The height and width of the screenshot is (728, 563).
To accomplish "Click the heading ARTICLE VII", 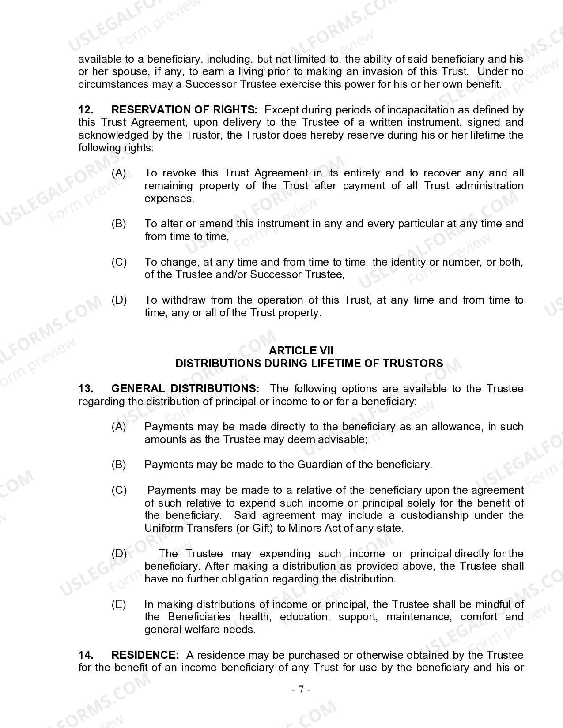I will [x=301, y=350].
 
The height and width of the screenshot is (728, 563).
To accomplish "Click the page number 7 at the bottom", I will [x=301, y=690].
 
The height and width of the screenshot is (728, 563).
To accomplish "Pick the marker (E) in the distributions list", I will [x=119, y=604].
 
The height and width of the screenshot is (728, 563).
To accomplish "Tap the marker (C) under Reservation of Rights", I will [x=119, y=262].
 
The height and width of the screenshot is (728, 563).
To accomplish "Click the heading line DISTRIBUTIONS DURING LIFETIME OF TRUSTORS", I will [x=309, y=363].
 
